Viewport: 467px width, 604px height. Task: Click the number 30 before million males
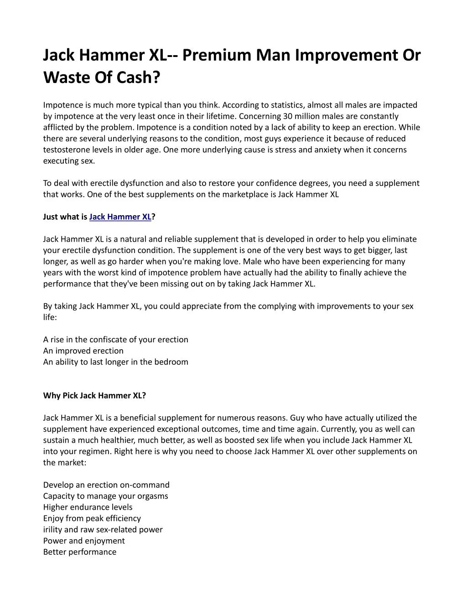coord(287,116)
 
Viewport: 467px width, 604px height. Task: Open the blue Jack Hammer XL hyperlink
coord(120,217)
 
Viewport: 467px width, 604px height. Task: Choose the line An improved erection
coord(83,351)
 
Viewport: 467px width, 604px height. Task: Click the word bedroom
coord(171,362)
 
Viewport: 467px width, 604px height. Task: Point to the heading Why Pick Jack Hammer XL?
coord(94,396)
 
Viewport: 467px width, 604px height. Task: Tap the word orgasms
coord(152,496)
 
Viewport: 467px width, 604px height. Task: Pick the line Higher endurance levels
coord(88,507)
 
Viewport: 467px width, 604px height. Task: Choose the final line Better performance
coord(80,552)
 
